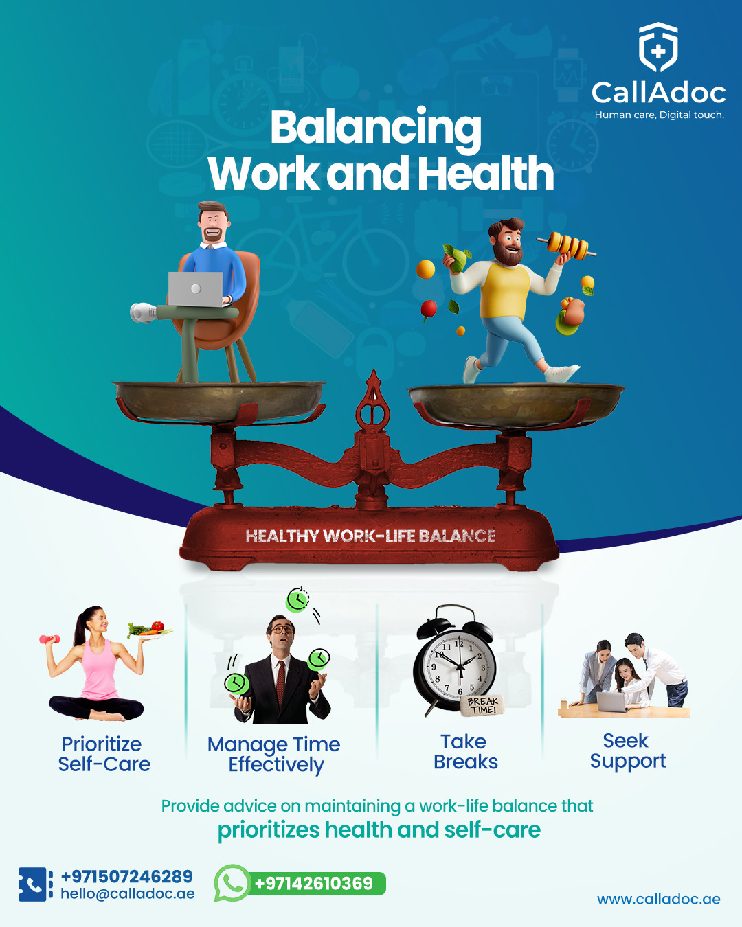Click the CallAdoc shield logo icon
[x=658, y=47]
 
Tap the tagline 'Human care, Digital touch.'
[x=660, y=115]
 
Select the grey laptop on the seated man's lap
[x=196, y=289]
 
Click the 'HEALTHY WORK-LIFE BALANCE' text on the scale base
[x=370, y=536]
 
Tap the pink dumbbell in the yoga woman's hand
[x=49, y=639]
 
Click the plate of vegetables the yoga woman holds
[x=149, y=630]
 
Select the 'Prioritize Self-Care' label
[x=104, y=754]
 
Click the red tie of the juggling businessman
[x=281, y=683]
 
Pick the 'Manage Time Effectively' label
[x=274, y=755]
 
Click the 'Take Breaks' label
[x=465, y=752]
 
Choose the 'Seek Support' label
[x=628, y=751]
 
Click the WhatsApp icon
[x=232, y=883]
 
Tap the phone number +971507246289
[x=126, y=877]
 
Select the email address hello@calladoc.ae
[x=128, y=894]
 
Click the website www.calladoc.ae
[x=659, y=899]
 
